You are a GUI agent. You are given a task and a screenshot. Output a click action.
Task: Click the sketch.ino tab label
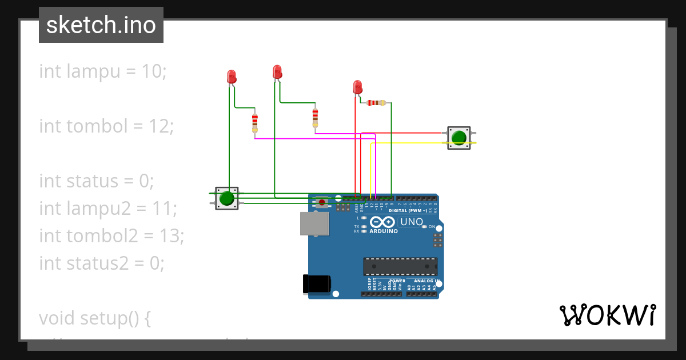coord(101,25)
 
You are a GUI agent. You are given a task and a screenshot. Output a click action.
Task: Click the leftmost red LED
coord(232,77)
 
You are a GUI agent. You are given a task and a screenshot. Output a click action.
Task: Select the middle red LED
coord(277,72)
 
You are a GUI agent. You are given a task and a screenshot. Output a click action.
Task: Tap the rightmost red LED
coord(358,87)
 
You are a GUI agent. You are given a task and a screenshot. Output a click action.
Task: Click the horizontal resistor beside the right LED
coord(376,103)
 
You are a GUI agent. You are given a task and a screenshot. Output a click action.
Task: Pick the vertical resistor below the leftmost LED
coord(255,122)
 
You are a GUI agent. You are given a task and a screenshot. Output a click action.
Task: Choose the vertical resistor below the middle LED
coord(315,118)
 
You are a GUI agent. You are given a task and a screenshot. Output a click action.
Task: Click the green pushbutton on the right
coord(458,138)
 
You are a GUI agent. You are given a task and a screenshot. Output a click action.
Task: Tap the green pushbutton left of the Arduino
coord(227,198)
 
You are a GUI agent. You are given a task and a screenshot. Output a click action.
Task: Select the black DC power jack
coord(317,284)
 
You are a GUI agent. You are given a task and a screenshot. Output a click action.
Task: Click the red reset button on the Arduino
coord(322,202)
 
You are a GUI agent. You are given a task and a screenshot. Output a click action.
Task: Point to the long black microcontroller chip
coord(400,266)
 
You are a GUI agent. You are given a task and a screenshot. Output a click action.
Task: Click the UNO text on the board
coord(411,222)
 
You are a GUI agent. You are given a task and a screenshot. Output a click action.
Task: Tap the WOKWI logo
coord(607,315)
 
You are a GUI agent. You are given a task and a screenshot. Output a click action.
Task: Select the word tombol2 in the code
coord(100,236)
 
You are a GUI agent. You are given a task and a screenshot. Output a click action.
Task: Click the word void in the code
coord(57,318)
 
